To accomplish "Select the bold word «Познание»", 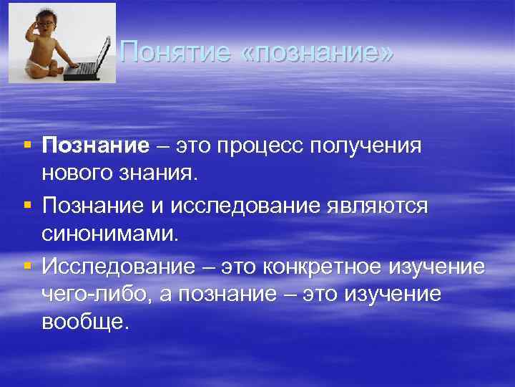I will point(95,146).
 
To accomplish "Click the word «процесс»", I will point(265,146).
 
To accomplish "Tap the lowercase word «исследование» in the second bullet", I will point(250,206).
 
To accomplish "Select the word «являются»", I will point(377,206).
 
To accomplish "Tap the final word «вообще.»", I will point(85,322).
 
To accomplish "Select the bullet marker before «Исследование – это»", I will point(27,265).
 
